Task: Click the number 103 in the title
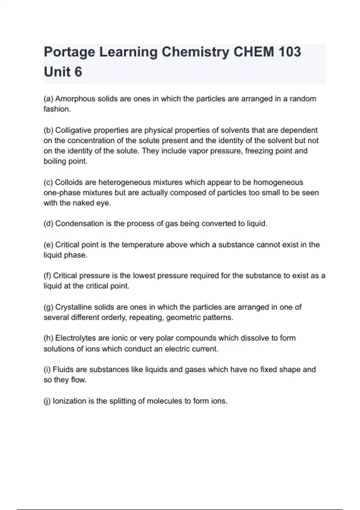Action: pyautogui.click(x=289, y=52)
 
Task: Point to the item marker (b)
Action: pyautogui.click(x=48, y=130)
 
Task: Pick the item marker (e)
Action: pyautogui.click(x=48, y=245)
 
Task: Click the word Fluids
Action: pyautogui.click(x=63, y=369)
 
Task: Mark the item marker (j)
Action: pyautogui.click(x=47, y=401)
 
